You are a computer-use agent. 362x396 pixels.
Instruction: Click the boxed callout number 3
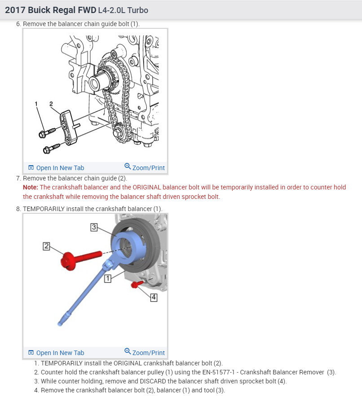[x=94, y=227]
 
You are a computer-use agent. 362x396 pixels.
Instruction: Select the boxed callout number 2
[x=46, y=246]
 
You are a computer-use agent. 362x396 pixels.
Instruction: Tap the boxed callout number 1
[x=107, y=279]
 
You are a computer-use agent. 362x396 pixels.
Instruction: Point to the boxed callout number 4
[x=154, y=297]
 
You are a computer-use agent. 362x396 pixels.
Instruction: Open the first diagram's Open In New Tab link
[x=60, y=168]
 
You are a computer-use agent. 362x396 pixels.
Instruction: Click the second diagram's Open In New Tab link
[x=60, y=353]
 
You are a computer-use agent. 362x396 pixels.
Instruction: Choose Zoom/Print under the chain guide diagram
[x=145, y=167]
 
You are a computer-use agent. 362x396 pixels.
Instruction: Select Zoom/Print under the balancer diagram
[x=145, y=352]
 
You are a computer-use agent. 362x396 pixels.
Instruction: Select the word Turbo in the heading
[x=138, y=10]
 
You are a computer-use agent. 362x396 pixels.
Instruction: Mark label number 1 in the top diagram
[x=36, y=104]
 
